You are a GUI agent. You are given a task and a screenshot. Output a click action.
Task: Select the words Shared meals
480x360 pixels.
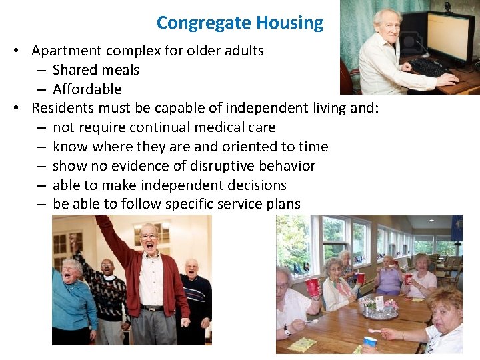[96, 70]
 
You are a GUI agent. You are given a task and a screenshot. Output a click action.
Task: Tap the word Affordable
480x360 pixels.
[87, 89]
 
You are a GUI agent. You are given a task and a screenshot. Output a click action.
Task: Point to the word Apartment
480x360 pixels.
[65, 51]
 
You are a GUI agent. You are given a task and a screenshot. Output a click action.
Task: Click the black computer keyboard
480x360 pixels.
[429, 68]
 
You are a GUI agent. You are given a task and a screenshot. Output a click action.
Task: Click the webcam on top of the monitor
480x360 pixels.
[447, 7]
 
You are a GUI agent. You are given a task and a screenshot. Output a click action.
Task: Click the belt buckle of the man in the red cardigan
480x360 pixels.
[153, 308]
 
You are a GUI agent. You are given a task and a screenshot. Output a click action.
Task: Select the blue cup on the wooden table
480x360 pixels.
[370, 341]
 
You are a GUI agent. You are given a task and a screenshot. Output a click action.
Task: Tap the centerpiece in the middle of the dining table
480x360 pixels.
[381, 308]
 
